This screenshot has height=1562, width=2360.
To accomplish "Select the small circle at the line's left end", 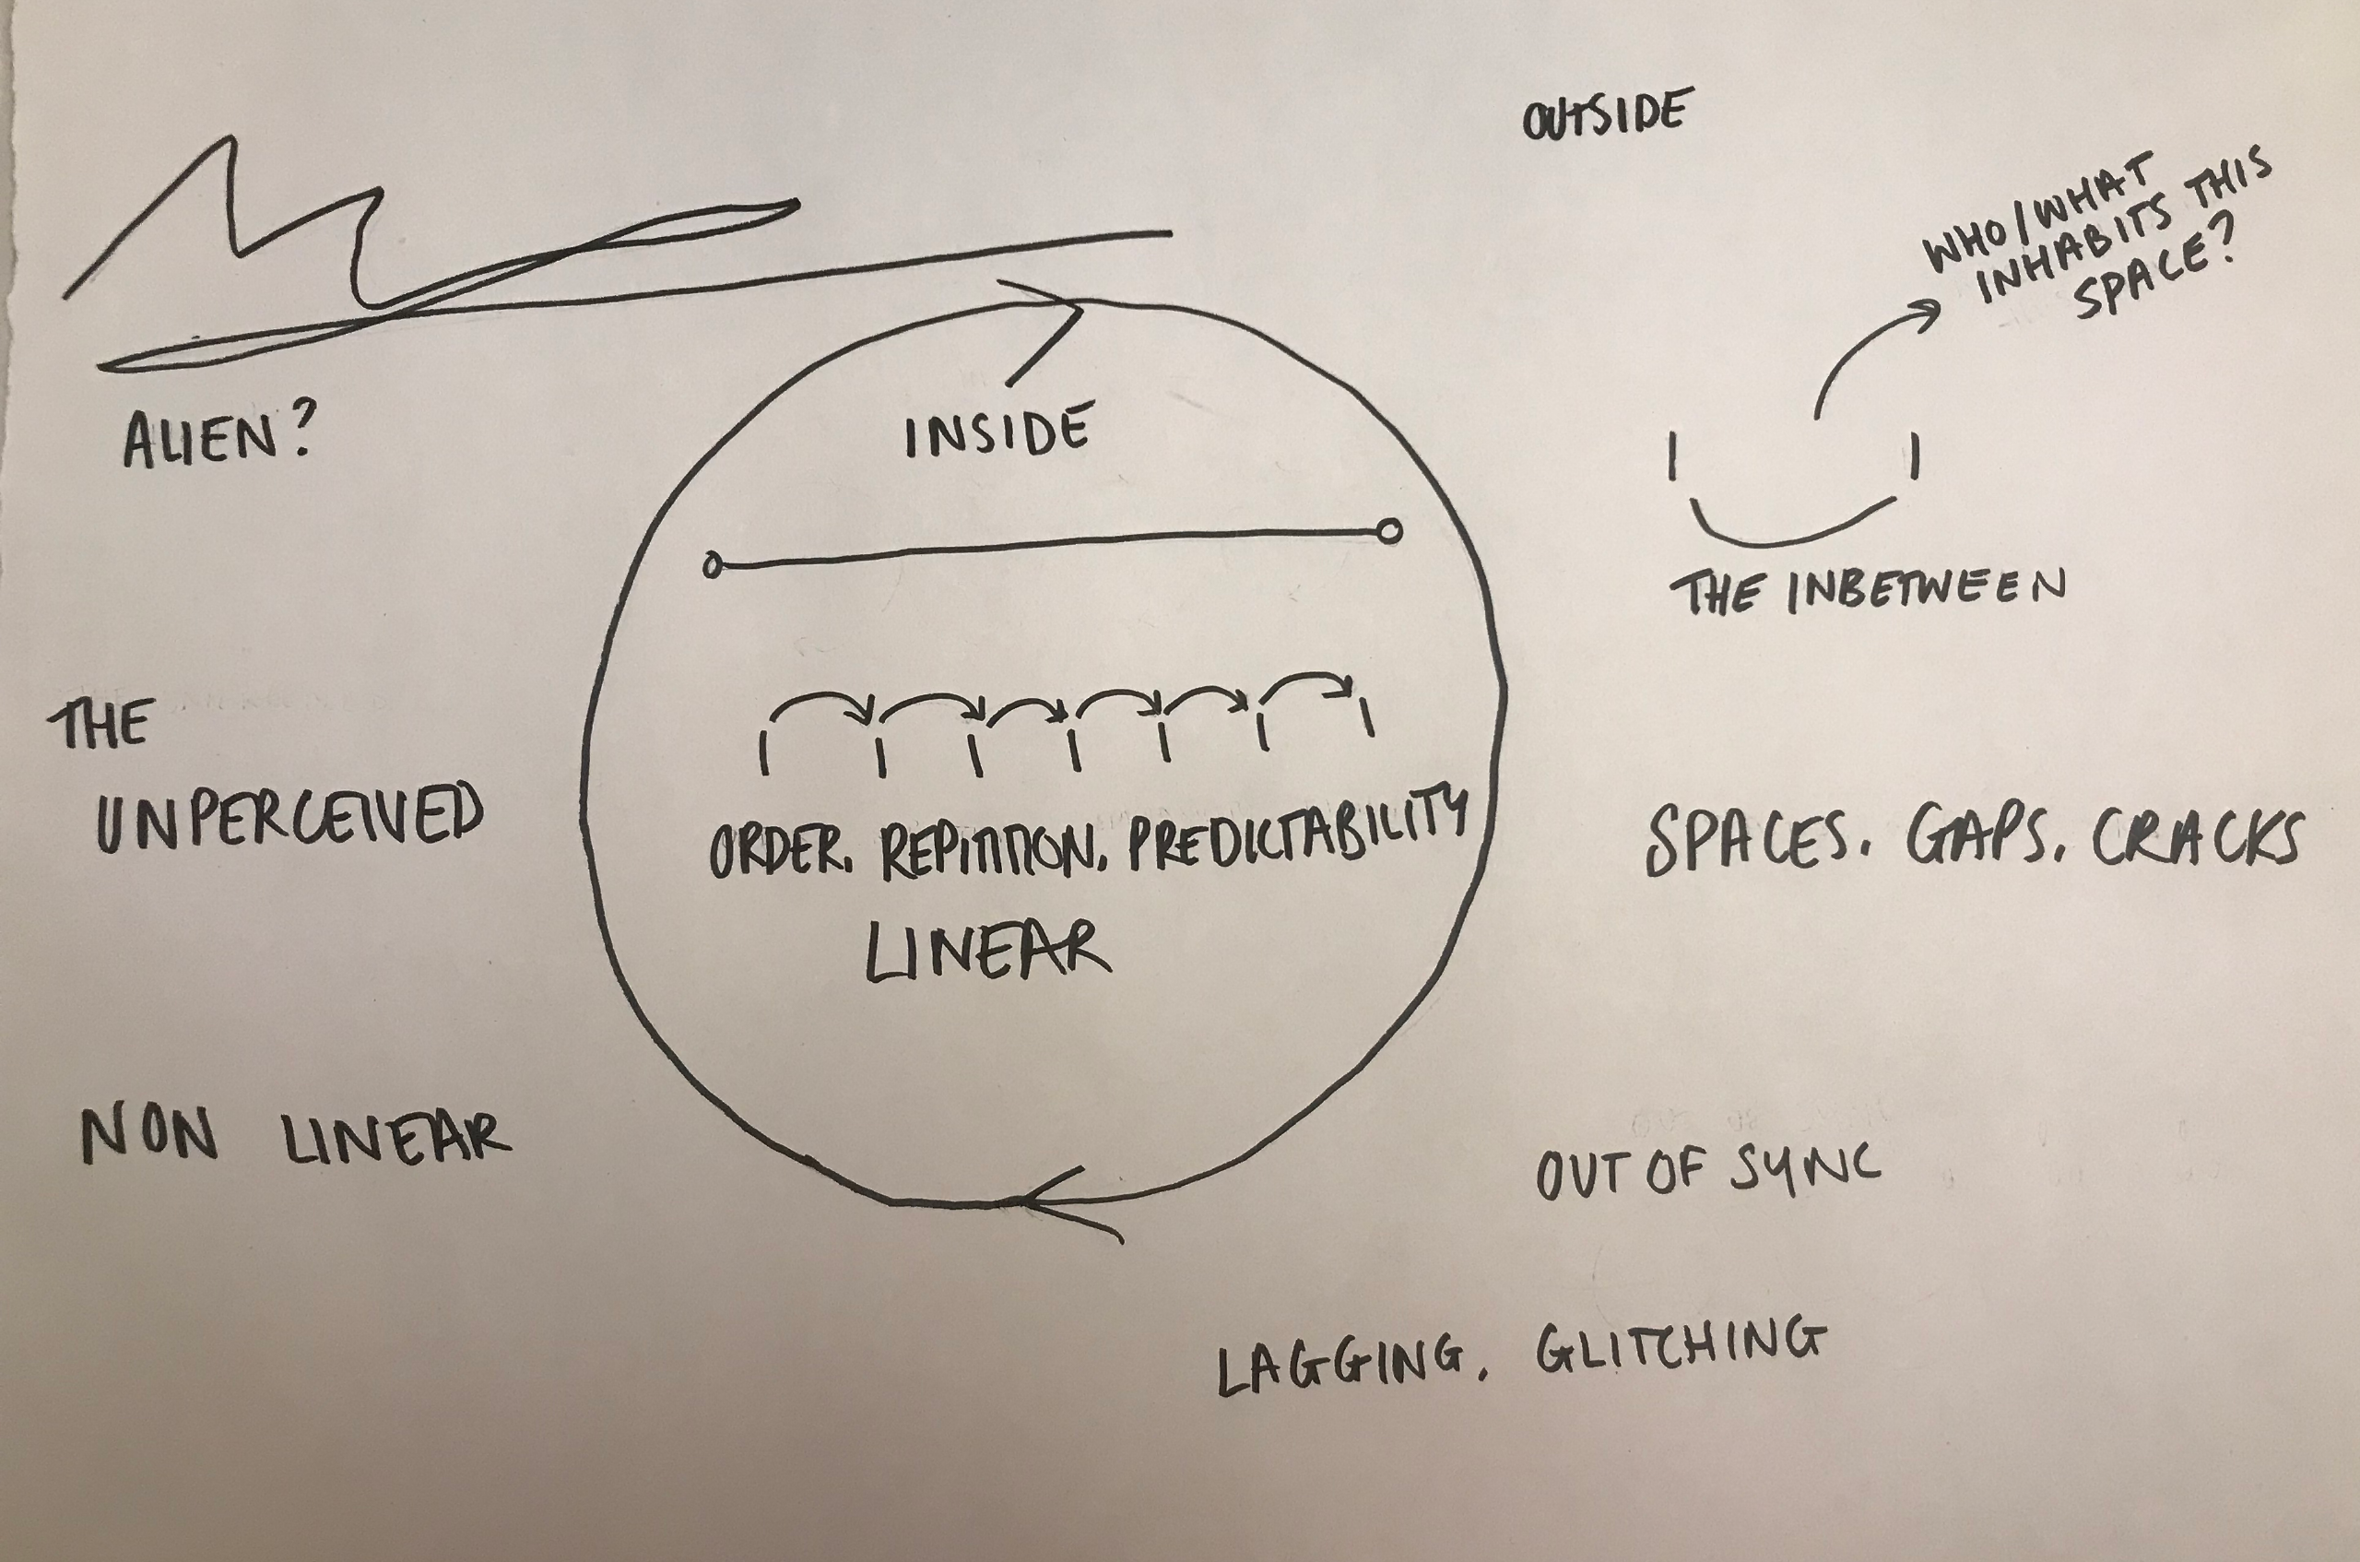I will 712,566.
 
